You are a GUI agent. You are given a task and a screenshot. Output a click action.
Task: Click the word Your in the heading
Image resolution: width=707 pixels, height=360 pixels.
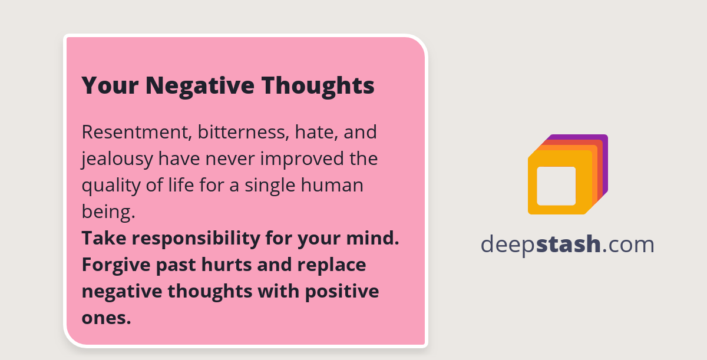click(110, 86)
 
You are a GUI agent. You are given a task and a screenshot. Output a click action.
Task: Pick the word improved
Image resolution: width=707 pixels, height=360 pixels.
click(299, 158)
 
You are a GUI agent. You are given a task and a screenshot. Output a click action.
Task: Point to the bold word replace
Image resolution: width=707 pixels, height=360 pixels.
click(332, 266)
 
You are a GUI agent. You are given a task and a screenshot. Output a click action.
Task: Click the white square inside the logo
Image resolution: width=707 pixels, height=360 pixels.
click(556, 186)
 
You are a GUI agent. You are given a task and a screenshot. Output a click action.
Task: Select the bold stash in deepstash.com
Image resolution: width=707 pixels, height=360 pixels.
click(569, 244)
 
